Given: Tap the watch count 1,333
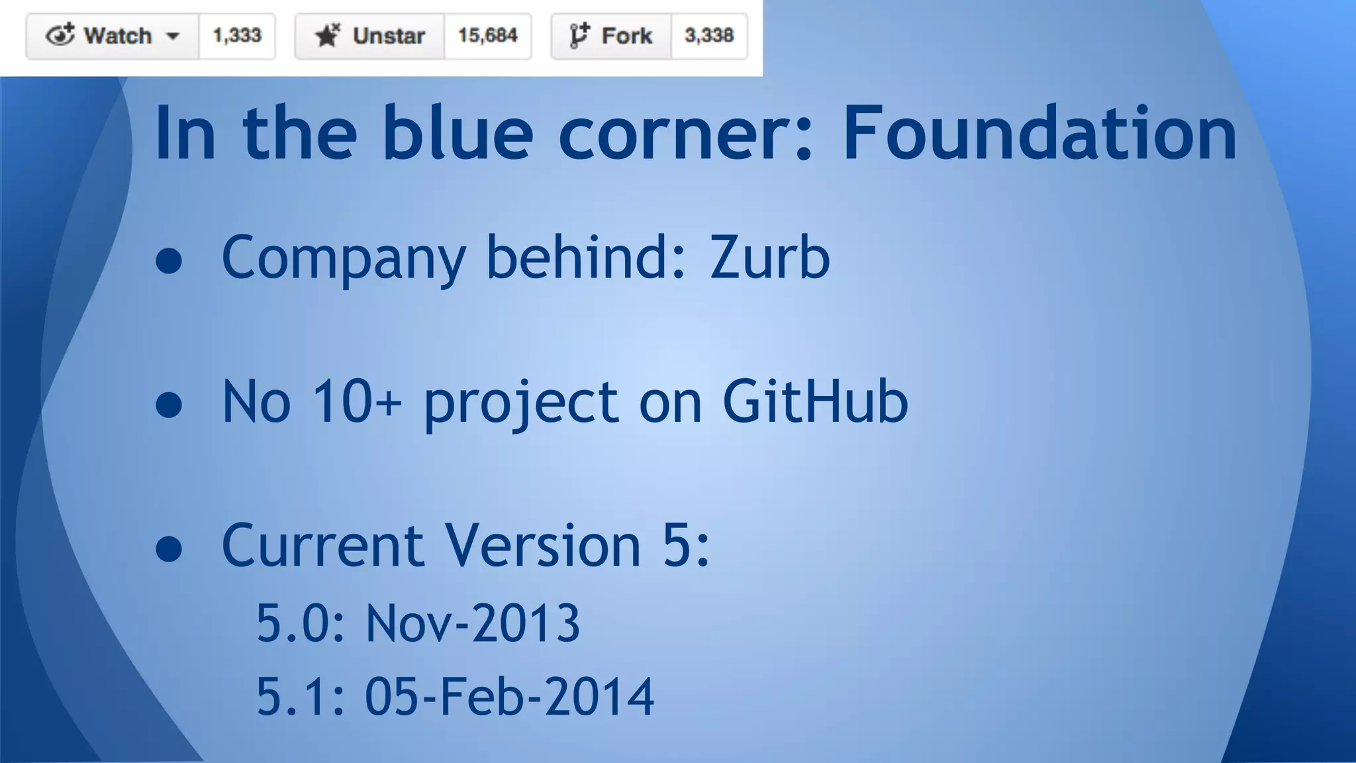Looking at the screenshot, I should [x=237, y=36].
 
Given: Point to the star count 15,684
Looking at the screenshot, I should [x=487, y=36].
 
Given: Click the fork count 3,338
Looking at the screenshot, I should [x=709, y=36].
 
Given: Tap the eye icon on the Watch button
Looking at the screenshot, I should [x=60, y=34].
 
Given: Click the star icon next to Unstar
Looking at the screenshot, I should [x=327, y=35].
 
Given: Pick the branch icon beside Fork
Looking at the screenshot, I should [x=579, y=35].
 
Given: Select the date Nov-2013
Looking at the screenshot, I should [x=473, y=623].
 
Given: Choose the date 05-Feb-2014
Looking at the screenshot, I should [x=509, y=697].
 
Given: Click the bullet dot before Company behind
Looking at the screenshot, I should [x=169, y=260].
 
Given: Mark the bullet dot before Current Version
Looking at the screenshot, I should [x=169, y=548].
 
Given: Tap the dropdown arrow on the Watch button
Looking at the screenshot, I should [x=173, y=36].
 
